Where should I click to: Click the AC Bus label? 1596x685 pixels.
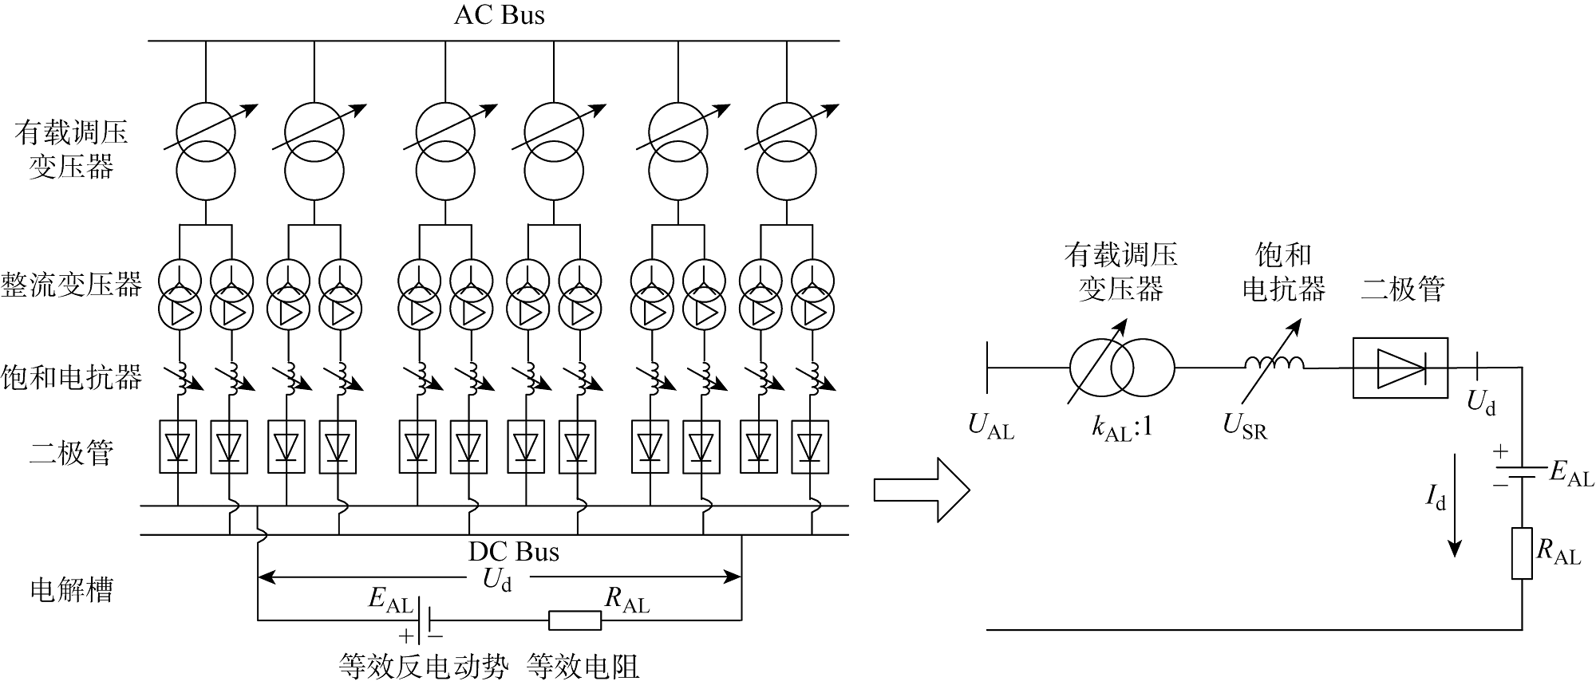(499, 16)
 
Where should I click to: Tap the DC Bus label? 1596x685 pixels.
(513, 552)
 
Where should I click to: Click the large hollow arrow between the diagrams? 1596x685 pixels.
(921, 489)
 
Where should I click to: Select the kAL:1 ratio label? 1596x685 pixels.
(1122, 428)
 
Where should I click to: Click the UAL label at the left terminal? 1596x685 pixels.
(990, 427)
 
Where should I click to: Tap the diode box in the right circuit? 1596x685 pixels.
(1400, 368)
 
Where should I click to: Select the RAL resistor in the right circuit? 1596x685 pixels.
(1522, 553)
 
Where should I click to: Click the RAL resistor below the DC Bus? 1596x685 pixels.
(575, 620)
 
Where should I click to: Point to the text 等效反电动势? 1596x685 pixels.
(423, 666)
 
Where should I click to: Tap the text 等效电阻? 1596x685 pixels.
(583, 666)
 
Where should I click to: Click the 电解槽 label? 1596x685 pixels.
(71, 590)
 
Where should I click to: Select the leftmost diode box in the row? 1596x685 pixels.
(177, 447)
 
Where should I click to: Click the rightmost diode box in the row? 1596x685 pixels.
(810, 447)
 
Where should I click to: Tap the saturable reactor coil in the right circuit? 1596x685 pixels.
(1274, 363)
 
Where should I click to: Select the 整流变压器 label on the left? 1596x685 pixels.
(71, 285)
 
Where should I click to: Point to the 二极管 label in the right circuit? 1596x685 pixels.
(1402, 289)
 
